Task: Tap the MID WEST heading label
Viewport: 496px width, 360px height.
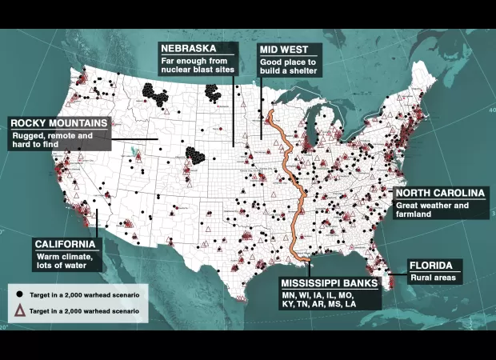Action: pyautogui.click(x=280, y=50)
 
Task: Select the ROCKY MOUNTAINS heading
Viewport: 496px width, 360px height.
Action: pyautogui.click(x=58, y=123)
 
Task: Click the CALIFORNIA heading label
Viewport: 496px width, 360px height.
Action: pyautogui.click(x=66, y=244)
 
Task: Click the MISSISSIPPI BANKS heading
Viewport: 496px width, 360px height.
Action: pyautogui.click(x=329, y=283)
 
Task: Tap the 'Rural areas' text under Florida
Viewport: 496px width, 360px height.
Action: pyautogui.click(x=433, y=278)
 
